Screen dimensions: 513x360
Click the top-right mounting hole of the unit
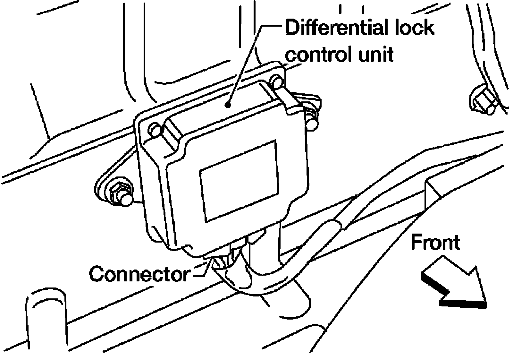pyautogui.click(x=277, y=81)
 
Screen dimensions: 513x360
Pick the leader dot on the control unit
pyautogui.click(x=228, y=105)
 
